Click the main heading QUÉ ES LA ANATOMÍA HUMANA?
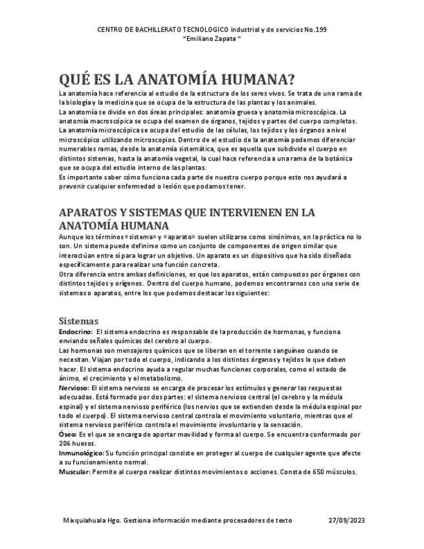(177, 80)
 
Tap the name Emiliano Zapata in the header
(211, 38)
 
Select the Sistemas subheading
(78, 320)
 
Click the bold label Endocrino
(74, 332)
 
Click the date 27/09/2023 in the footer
(347, 520)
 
